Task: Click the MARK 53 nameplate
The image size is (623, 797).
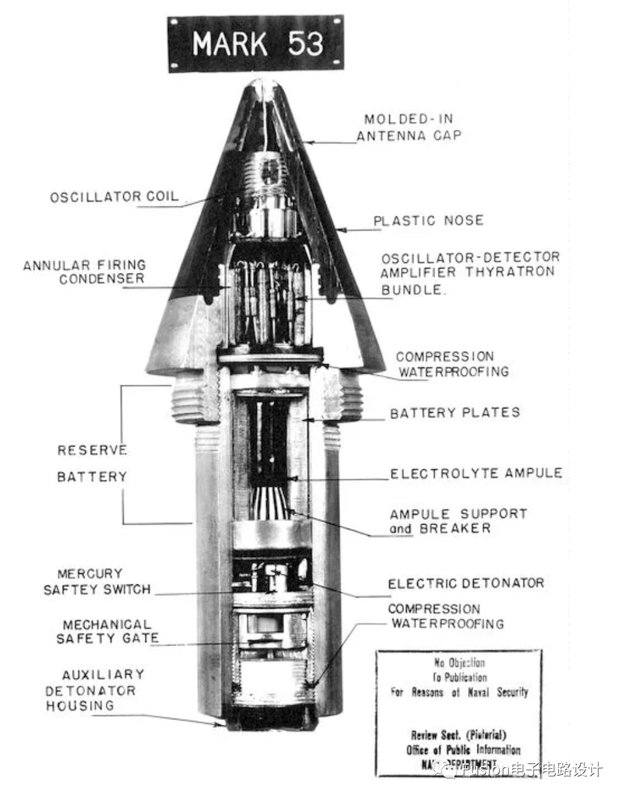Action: (256, 44)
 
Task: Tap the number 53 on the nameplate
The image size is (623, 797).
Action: (305, 44)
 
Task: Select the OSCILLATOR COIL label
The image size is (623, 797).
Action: (114, 197)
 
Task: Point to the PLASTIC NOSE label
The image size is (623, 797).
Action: (428, 221)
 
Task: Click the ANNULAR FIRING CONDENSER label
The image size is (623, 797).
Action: (85, 272)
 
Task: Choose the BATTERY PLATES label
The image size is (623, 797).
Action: (455, 413)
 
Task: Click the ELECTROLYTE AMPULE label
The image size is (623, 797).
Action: (476, 473)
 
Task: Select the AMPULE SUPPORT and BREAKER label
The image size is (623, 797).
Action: (458, 521)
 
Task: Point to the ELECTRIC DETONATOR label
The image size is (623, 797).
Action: (466, 583)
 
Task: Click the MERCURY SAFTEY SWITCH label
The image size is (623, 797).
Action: (96, 581)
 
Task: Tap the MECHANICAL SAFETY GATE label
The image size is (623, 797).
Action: (107, 631)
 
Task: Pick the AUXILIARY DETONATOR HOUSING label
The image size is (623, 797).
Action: (93, 690)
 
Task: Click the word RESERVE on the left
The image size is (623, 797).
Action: (92, 450)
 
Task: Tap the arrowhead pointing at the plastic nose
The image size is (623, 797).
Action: (341, 230)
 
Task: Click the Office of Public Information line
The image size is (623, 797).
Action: (463, 749)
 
